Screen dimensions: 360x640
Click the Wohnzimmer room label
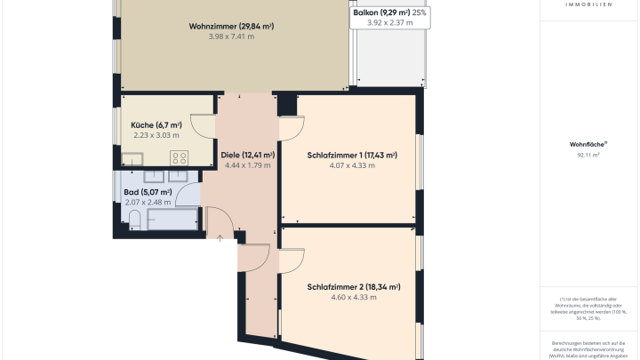[231, 26]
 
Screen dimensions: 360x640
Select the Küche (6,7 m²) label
[156, 125]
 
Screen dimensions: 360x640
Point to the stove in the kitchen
[179, 157]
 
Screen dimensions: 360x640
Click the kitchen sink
[132, 159]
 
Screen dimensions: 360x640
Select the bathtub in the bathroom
[172, 218]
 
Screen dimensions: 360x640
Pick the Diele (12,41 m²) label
[247, 155]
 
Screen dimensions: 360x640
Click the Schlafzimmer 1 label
[352, 155]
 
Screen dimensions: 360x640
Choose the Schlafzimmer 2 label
[353, 287]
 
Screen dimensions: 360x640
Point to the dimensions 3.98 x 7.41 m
[231, 36]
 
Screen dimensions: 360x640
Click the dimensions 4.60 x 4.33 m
[353, 297]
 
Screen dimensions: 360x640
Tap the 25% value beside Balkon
[419, 12]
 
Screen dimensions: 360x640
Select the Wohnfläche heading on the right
[588, 144]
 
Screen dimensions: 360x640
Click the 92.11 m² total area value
[588, 155]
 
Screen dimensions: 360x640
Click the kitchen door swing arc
[204, 128]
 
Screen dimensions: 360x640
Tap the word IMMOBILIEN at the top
[588, 4]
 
